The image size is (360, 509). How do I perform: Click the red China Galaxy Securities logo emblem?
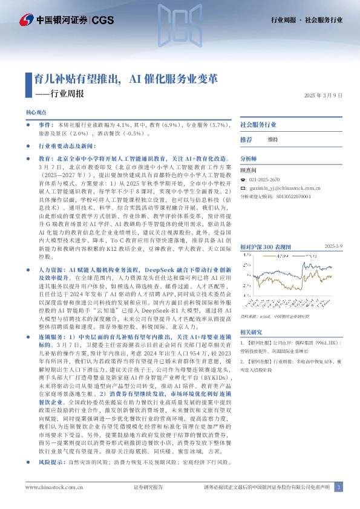(x=27, y=21)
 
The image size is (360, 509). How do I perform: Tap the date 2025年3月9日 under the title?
(x=323, y=95)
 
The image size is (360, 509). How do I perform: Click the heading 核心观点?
(x=36, y=112)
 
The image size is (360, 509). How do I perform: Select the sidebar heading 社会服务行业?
(x=258, y=124)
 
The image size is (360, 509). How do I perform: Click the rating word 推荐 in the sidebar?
(x=246, y=139)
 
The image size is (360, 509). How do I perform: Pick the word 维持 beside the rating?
(x=272, y=139)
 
